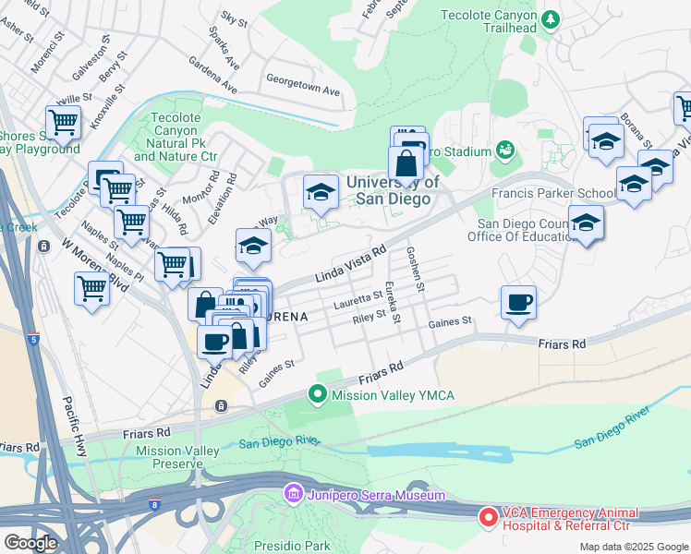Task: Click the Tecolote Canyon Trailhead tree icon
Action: click(551, 18)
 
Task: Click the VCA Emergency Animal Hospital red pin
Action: click(488, 517)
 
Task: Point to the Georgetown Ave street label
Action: click(303, 92)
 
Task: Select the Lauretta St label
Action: click(358, 297)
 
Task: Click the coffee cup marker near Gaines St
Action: click(519, 302)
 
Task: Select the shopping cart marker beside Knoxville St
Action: click(63, 121)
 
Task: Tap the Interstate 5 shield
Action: click(33, 339)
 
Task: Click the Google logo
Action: click(30, 542)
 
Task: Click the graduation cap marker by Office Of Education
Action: click(586, 223)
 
